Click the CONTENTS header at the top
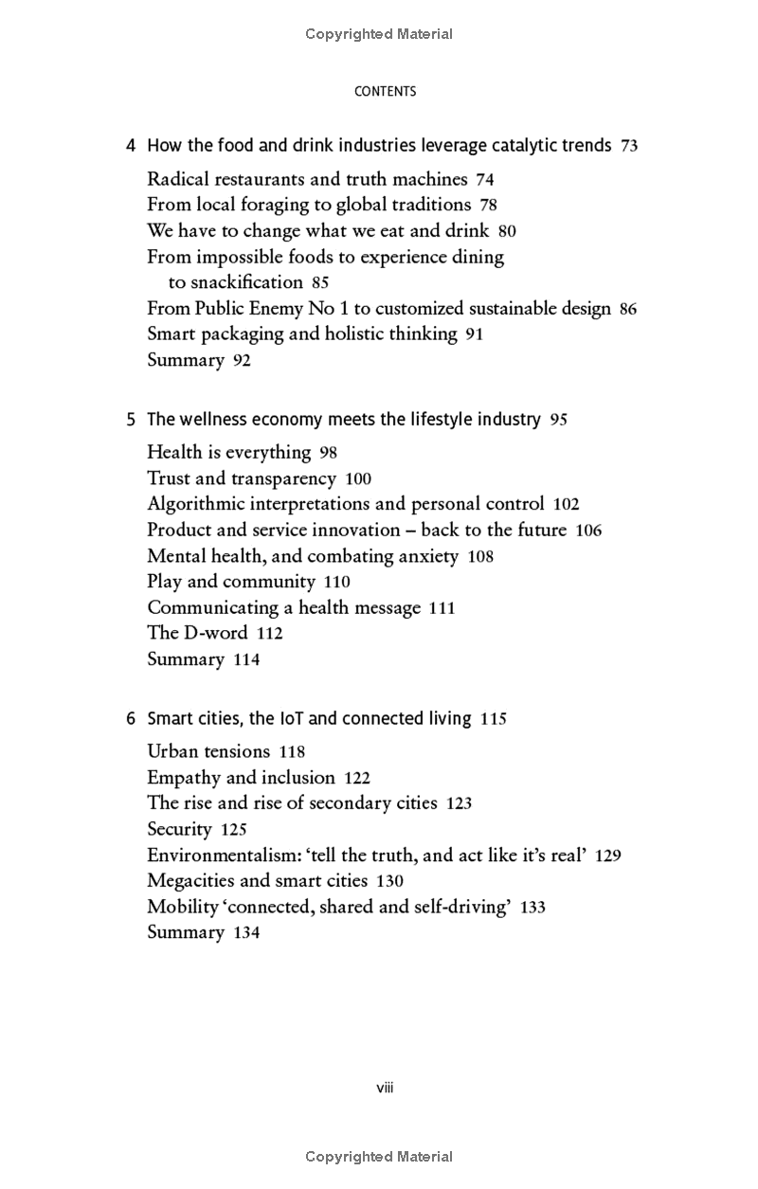click(x=385, y=92)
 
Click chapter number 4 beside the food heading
click(x=131, y=146)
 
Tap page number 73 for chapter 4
click(x=629, y=146)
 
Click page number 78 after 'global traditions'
click(x=489, y=205)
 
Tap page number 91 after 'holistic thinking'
click(x=475, y=334)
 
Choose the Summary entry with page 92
click(x=186, y=360)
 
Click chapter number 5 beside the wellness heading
click(x=131, y=419)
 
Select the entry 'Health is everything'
click(x=229, y=452)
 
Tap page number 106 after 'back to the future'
click(x=588, y=531)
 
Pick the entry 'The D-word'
click(x=197, y=633)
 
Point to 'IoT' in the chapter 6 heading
click(x=291, y=719)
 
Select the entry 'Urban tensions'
click(x=208, y=752)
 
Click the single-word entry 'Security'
click(x=179, y=830)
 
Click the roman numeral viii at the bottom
click(x=385, y=1088)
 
